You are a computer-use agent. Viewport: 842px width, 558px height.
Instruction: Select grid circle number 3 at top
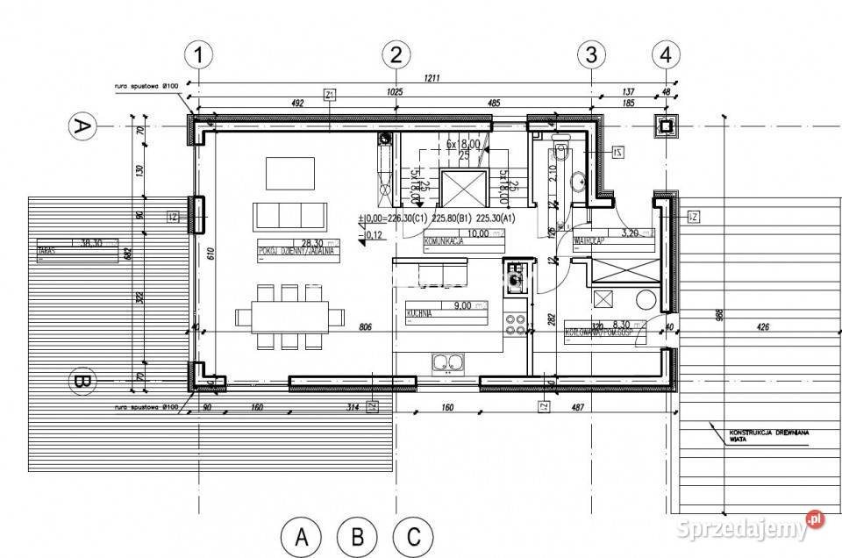pos(592,54)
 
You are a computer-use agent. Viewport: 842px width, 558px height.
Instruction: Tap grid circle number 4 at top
pos(667,54)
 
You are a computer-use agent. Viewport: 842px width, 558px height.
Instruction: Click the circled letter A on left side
pos(82,127)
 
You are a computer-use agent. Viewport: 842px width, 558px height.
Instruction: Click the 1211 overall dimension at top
pos(432,78)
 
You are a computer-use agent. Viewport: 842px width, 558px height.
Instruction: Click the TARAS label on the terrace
pos(48,249)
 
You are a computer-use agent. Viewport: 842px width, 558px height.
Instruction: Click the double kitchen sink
pos(447,361)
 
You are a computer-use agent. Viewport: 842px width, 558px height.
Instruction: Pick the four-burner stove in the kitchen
pos(517,325)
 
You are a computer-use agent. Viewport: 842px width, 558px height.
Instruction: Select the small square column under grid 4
pos(667,126)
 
